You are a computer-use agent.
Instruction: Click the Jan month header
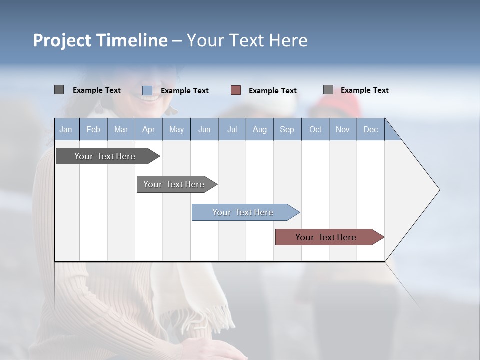point(66,130)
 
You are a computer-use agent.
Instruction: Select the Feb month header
point(93,130)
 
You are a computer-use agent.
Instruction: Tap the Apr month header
point(148,130)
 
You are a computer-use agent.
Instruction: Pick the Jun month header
point(204,130)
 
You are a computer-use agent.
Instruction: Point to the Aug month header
point(259,130)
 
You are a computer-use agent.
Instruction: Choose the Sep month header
point(287,130)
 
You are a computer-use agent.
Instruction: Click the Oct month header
point(315,130)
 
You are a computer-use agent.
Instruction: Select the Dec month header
point(370,130)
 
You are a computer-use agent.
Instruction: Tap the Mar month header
point(121,130)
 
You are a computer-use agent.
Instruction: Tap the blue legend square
point(147,90)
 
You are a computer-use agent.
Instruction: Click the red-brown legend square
point(236,90)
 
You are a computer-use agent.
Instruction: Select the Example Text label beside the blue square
point(185,91)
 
